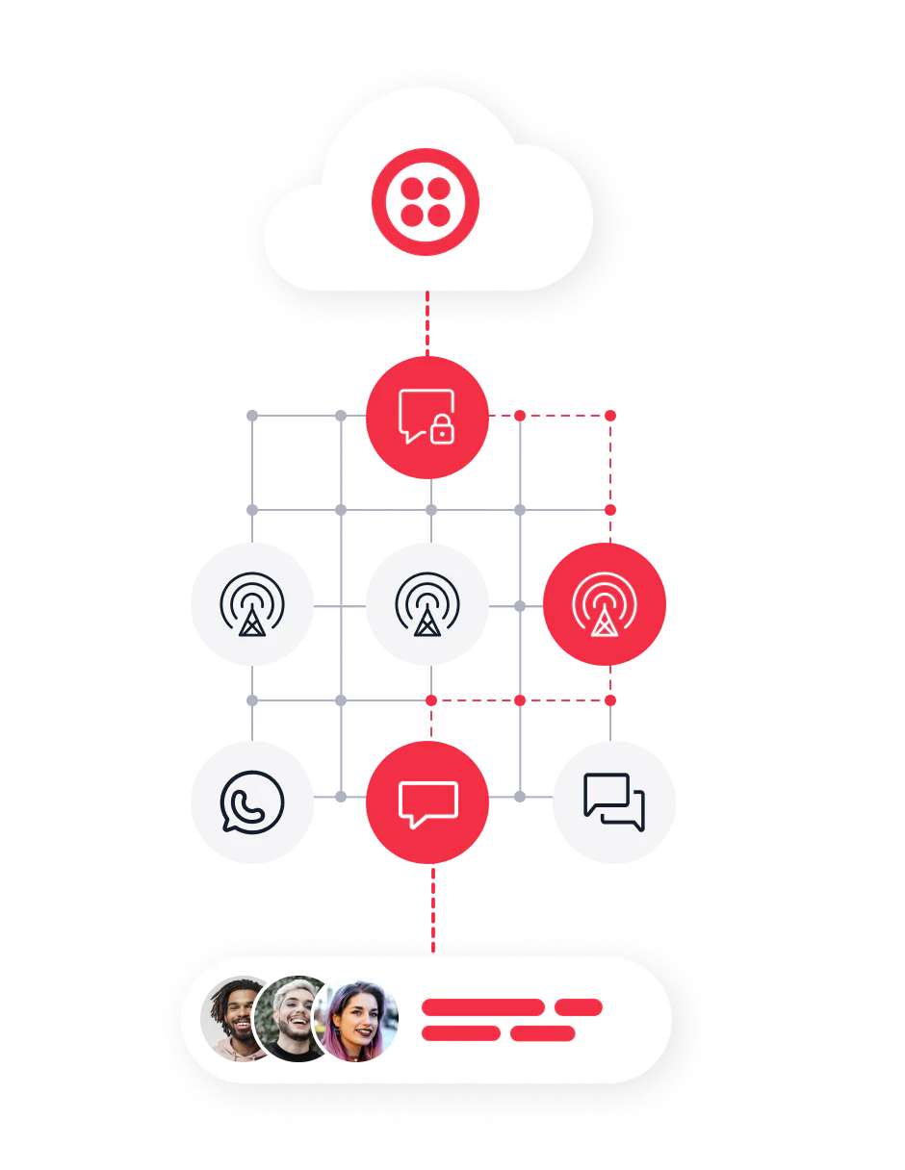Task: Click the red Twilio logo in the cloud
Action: (x=426, y=201)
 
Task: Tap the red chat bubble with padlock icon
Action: (x=427, y=417)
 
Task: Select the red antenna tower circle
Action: (x=604, y=603)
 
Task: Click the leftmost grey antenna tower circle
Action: (x=250, y=603)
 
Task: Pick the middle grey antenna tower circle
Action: (x=427, y=603)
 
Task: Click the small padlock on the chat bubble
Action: (x=442, y=432)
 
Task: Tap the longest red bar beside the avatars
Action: (x=482, y=1007)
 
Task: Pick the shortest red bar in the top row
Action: (x=578, y=1007)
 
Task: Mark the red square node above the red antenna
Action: (x=609, y=507)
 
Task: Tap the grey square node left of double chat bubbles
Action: (x=519, y=798)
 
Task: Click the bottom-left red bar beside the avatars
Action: (x=460, y=1033)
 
